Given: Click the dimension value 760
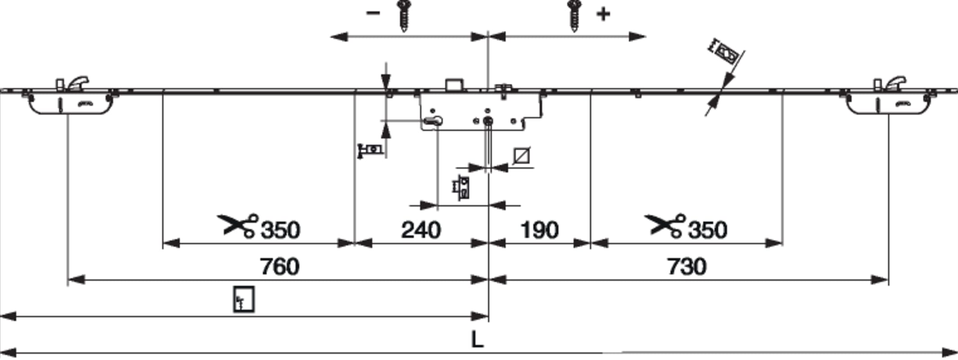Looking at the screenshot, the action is tap(279, 266).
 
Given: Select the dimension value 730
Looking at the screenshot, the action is tap(687, 266).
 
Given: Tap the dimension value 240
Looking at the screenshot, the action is tap(421, 230).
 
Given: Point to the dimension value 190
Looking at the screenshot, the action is tap(539, 230).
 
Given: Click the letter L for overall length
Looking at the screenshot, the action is tap(477, 339).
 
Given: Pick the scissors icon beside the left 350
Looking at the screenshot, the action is tap(238, 225).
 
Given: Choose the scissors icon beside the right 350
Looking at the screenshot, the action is tap(665, 225).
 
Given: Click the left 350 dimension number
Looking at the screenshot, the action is tap(280, 230).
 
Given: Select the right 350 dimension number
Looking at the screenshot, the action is tap(707, 230).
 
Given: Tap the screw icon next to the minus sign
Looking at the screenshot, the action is tap(404, 16).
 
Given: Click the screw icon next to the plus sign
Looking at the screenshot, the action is tap(574, 16).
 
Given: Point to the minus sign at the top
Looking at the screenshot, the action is tap(373, 13).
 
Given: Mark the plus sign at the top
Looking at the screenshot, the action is tap(603, 14).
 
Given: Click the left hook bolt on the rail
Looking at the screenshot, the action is tap(77, 84).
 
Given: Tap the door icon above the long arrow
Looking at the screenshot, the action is tap(244, 299).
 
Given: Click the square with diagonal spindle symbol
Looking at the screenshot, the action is tap(521, 156).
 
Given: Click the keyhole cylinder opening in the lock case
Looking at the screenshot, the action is tap(432, 121).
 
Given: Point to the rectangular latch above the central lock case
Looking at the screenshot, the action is tap(454, 85).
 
